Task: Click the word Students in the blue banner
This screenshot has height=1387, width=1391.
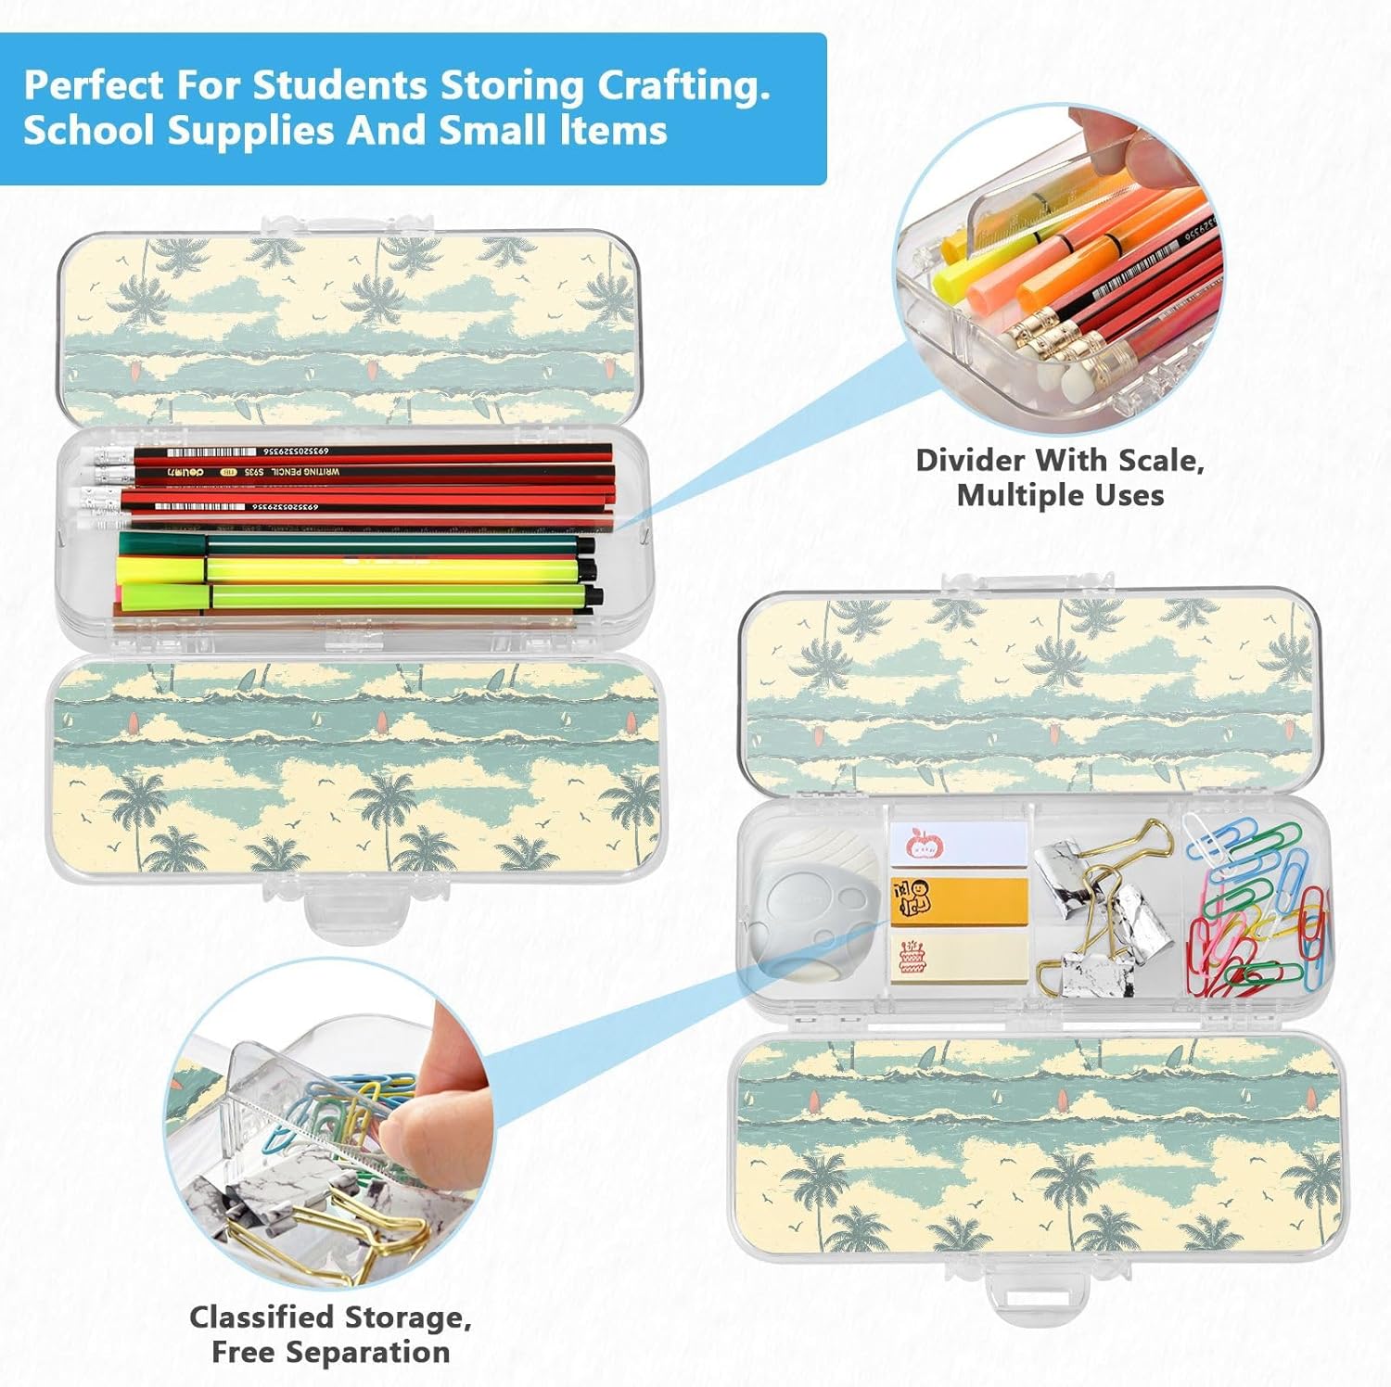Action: coord(339,85)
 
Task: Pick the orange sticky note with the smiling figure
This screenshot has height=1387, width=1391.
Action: coord(959,899)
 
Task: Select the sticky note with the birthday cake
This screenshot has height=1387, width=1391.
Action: coord(959,955)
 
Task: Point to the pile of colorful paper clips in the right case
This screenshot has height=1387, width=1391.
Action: coord(1257,913)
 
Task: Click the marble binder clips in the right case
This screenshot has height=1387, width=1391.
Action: coord(1104,918)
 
